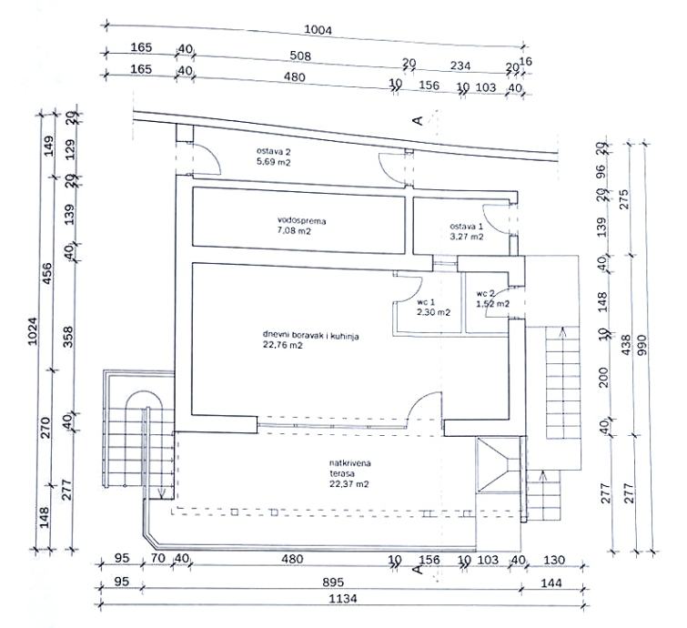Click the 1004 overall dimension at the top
click(319, 28)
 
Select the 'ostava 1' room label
click(465, 226)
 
